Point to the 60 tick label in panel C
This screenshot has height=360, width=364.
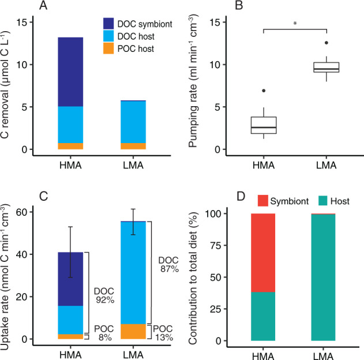(x=22, y=212)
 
